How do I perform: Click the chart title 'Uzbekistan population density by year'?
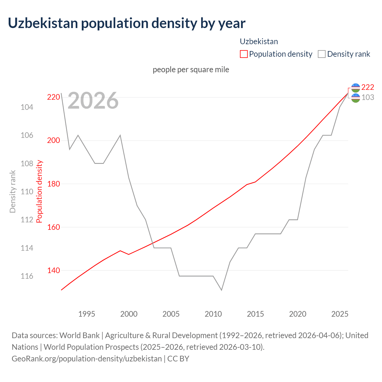tap(127, 23)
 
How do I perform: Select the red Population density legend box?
tap(244, 54)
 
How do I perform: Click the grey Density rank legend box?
tap(321, 54)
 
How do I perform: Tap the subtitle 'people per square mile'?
tap(191, 70)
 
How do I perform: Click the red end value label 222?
tap(368, 87)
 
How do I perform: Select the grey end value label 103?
tap(368, 97)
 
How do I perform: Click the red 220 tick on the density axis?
tap(53, 97)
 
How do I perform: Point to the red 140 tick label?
tap(53, 270)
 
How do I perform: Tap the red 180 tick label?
tap(53, 184)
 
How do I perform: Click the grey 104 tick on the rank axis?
tap(27, 107)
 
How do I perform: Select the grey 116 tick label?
tap(27, 276)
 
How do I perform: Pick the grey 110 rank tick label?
tap(27, 192)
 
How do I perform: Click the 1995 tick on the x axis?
tap(87, 314)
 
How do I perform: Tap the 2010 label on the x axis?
tap(213, 314)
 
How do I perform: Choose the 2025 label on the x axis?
tap(340, 314)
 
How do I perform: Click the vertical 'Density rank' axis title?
tap(13, 192)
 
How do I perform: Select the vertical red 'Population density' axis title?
tap(39, 192)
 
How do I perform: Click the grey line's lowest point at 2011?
tap(221, 290)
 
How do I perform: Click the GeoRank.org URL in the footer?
tap(87, 358)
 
